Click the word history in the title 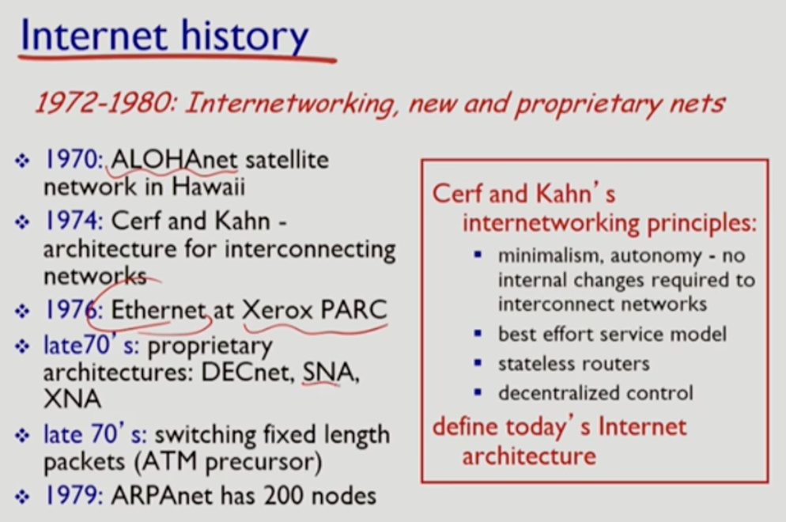coord(244,36)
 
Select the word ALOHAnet coord(174,160)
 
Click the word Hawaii coord(209,187)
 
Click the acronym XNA coord(72,399)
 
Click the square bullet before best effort coord(478,333)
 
